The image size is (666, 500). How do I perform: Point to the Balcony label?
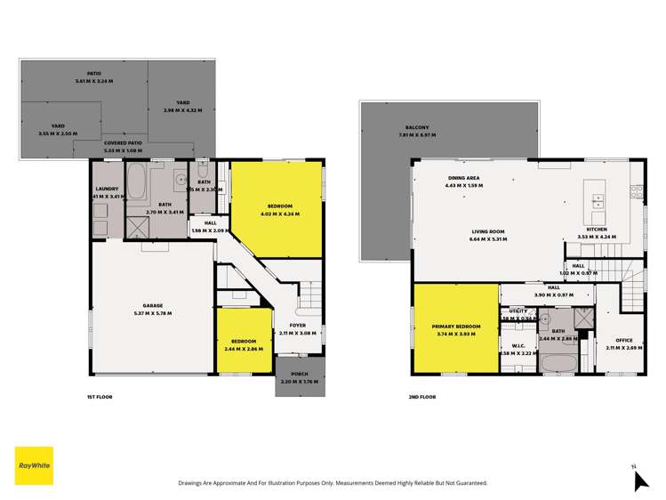[416, 127]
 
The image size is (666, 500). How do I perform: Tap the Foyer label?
[297, 326]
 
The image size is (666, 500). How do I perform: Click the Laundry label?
[107, 188]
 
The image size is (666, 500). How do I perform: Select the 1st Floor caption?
[99, 396]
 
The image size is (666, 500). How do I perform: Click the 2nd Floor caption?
[424, 396]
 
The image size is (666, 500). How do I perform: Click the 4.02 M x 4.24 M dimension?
[279, 214]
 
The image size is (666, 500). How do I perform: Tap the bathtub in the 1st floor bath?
[138, 185]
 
